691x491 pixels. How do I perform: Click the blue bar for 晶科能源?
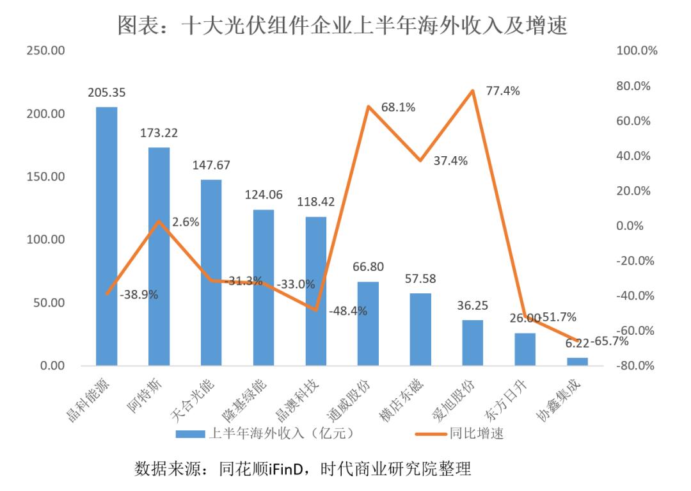(106, 236)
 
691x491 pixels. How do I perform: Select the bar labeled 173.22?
(159, 256)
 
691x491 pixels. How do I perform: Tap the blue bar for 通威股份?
(368, 323)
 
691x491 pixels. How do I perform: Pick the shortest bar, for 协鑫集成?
(577, 362)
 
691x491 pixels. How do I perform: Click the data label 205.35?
(106, 93)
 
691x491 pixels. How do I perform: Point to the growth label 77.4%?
(503, 91)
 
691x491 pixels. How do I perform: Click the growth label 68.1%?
(398, 108)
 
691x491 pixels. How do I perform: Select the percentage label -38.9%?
(139, 294)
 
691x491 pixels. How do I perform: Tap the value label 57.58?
(420, 279)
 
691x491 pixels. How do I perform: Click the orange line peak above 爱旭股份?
(472, 91)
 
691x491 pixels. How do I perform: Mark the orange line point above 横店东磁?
(420, 160)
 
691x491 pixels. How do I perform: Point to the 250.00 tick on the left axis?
(45, 51)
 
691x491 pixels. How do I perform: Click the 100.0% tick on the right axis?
(637, 51)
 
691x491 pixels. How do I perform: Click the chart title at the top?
(343, 26)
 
